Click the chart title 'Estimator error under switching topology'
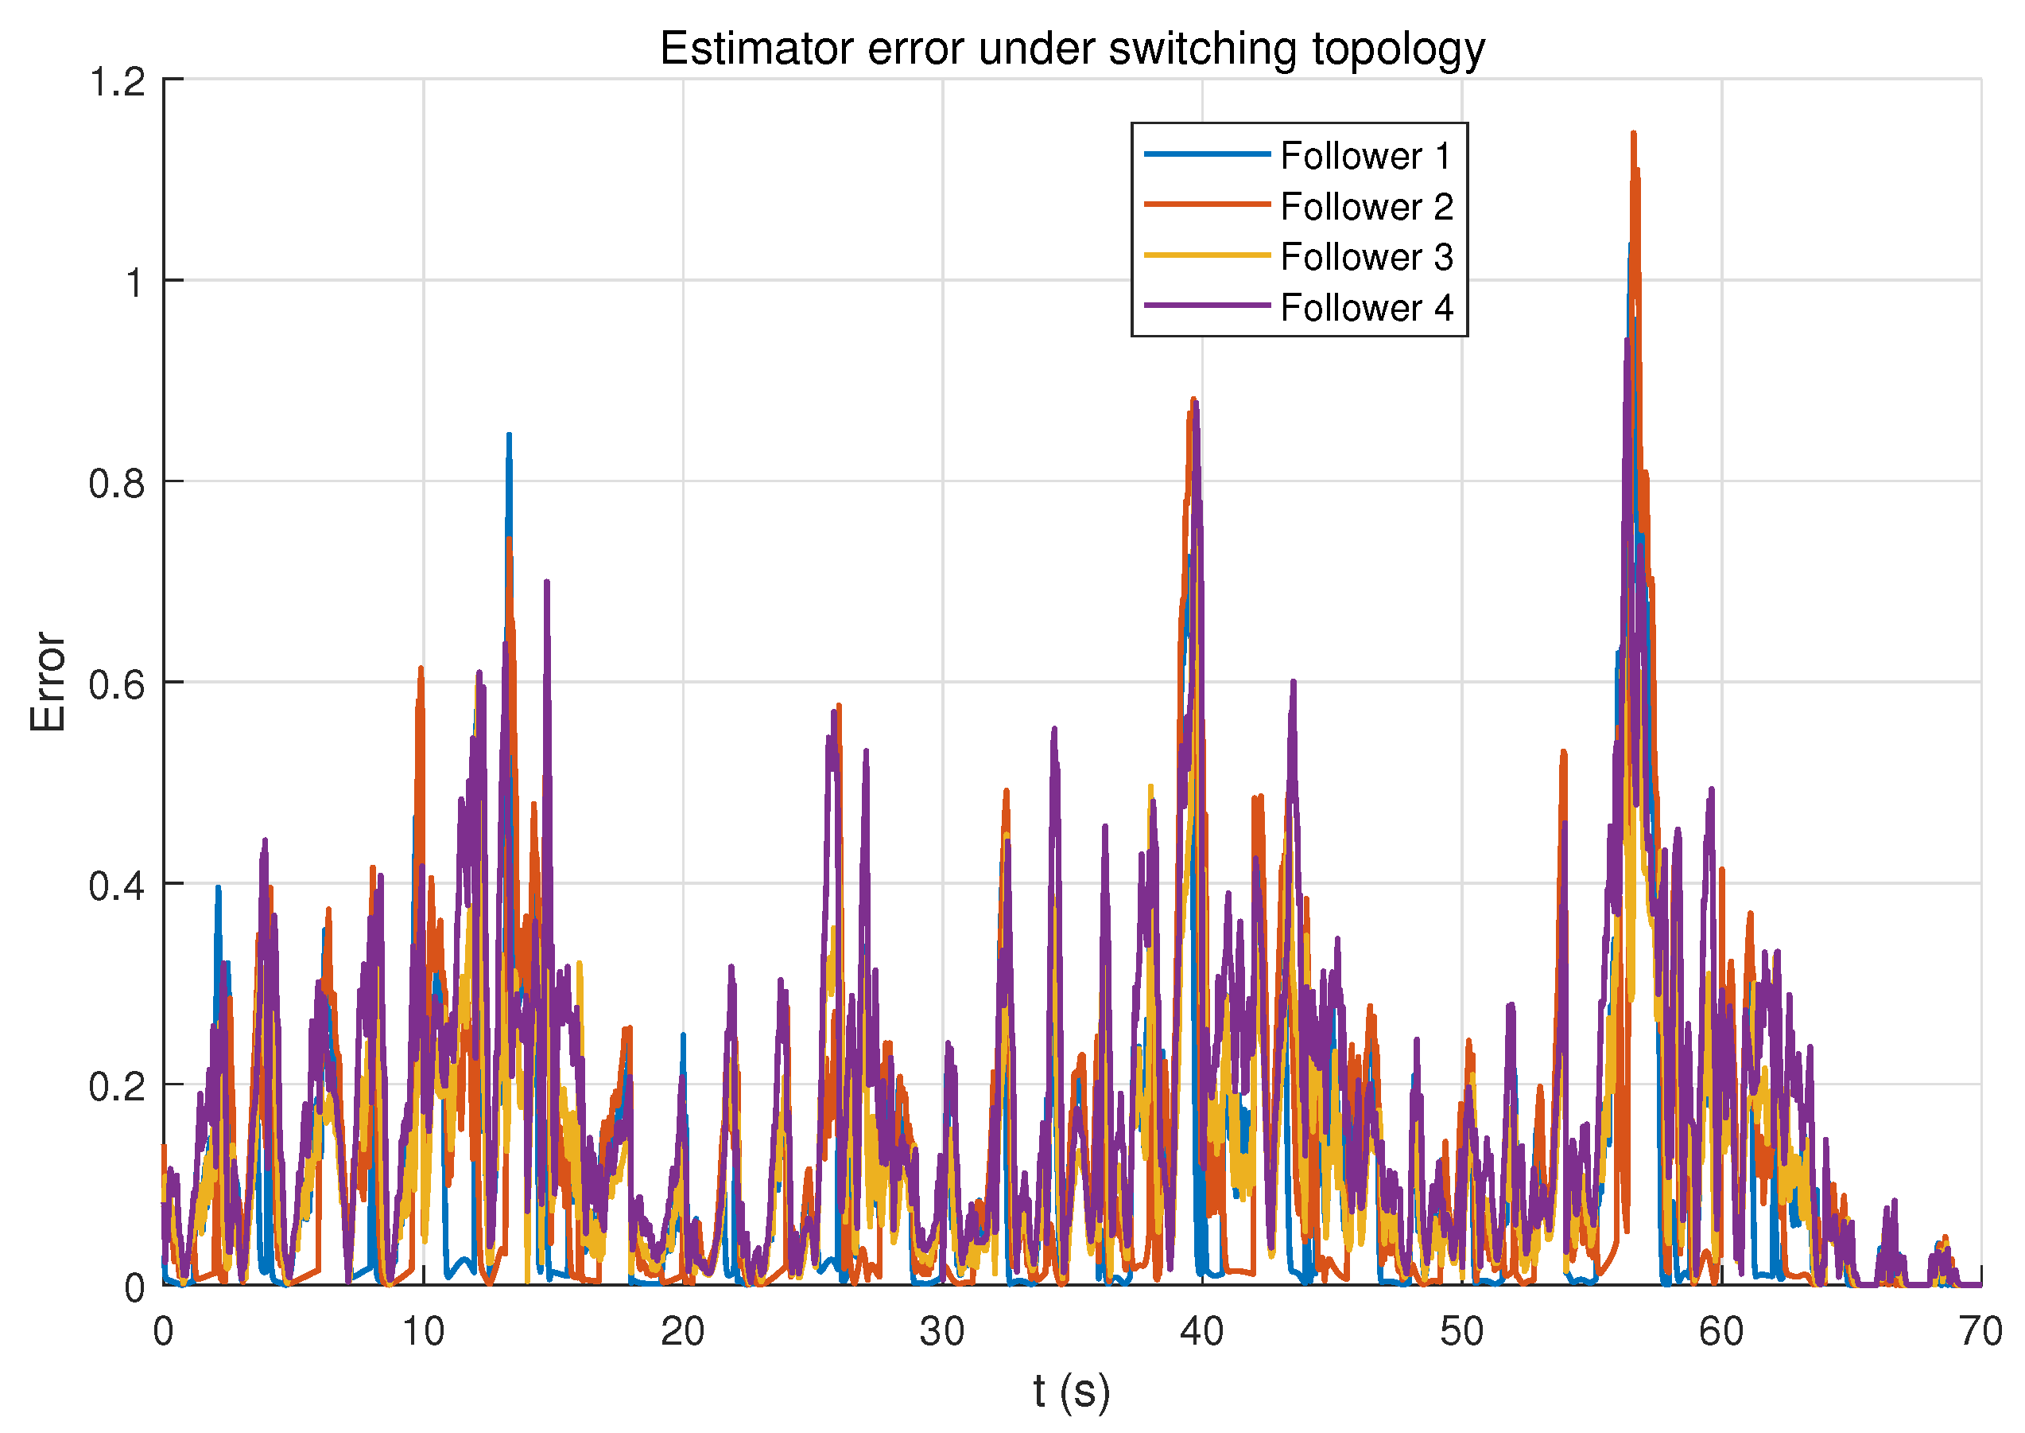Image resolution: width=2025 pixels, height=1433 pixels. [x=1072, y=49]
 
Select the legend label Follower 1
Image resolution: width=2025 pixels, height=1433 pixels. [x=1365, y=156]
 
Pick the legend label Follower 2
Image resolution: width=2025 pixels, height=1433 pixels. [x=1366, y=208]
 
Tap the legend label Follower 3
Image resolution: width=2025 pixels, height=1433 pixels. [x=1366, y=258]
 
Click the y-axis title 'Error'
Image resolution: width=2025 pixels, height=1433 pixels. [x=48, y=682]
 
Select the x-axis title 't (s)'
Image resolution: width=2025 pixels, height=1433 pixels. [x=1072, y=1392]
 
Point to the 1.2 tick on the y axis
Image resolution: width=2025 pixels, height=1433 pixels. [x=118, y=81]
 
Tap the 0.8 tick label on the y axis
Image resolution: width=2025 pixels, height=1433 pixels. [x=118, y=484]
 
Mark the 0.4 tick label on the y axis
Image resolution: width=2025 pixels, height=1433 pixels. [x=118, y=886]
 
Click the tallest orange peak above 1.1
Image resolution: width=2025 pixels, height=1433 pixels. [x=1633, y=134]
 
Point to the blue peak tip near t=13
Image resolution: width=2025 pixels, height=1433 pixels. [x=509, y=435]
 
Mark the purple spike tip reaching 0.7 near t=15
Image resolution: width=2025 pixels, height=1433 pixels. [x=547, y=582]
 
